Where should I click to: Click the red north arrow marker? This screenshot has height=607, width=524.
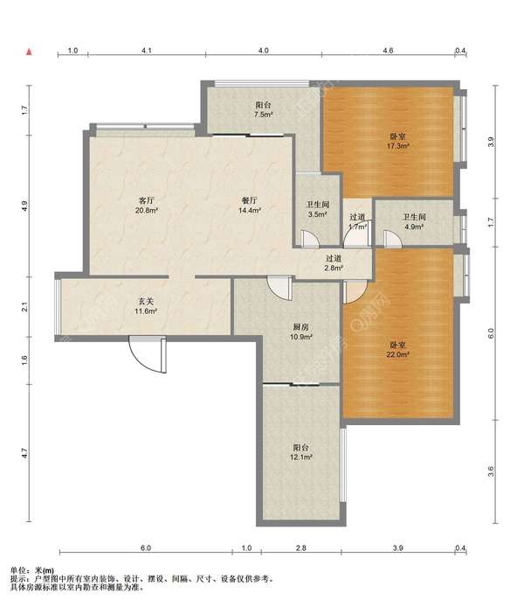click(x=29, y=52)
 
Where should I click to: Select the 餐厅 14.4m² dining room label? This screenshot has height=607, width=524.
click(x=249, y=206)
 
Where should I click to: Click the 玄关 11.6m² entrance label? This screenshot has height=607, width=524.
click(x=146, y=306)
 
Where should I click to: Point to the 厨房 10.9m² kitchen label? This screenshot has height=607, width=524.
click(x=301, y=331)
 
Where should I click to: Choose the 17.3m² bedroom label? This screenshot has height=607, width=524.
click(x=398, y=142)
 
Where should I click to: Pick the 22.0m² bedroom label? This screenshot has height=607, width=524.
click(x=398, y=350)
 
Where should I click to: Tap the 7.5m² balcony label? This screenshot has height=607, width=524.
click(x=263, y=109)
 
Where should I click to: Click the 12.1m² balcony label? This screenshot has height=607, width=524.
click(x=301, y=452)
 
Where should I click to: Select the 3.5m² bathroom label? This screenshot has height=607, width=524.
click(x=318, y=209)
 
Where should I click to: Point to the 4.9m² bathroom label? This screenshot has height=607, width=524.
click(x=414, y=222)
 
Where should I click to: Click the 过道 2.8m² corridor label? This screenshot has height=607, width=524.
click(x=334, y=262)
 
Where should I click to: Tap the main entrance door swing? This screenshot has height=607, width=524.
click(x=148, y=354)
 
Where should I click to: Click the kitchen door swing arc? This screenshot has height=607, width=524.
click(x=279, y=288)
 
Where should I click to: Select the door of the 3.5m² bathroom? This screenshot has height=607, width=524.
click(x=310, y=239)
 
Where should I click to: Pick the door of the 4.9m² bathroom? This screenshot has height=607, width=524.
click(x=393, y=239)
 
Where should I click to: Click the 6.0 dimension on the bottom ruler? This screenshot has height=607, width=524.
click(x=146, y=548)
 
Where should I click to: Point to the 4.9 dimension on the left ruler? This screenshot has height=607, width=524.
click(x=24, y=206)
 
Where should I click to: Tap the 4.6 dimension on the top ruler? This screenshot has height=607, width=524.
click(x=388, y=51)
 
